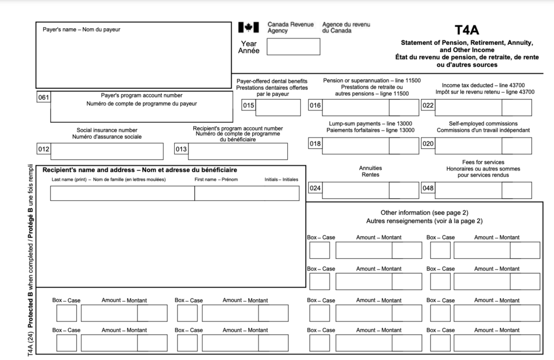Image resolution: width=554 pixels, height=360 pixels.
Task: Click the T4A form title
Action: tap(467, 30)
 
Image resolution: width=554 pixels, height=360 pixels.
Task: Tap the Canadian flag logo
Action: tap(248, 27)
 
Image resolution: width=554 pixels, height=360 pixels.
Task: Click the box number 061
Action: tap(43, 97)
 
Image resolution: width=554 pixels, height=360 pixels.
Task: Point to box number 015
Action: tap(248, 106)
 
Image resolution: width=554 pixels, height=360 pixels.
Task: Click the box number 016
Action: tap(315, 106)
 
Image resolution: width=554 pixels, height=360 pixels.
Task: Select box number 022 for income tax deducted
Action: tap(428, 106)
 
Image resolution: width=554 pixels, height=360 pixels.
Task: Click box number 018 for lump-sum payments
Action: tap(315, 143)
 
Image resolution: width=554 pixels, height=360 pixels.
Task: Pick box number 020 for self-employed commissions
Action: tap(428, 143)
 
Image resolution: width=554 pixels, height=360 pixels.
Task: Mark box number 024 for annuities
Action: tap(315, 188)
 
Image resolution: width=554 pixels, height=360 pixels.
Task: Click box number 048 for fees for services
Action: tap(428, 188)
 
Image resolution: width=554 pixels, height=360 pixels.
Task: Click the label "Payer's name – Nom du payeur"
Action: tap(81, 29)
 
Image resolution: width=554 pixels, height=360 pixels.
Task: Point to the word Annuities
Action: tap(370, 168)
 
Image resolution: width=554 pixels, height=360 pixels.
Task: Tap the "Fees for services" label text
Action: tap(483, 162)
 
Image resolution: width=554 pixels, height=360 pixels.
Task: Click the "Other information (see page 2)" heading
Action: tap(424, 213)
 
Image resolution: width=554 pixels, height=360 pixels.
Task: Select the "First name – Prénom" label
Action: tap(216, 179)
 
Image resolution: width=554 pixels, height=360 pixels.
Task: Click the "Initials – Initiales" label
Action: tap(281, 179)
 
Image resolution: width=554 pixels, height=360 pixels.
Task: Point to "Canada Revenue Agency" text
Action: tap(291, 28)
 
